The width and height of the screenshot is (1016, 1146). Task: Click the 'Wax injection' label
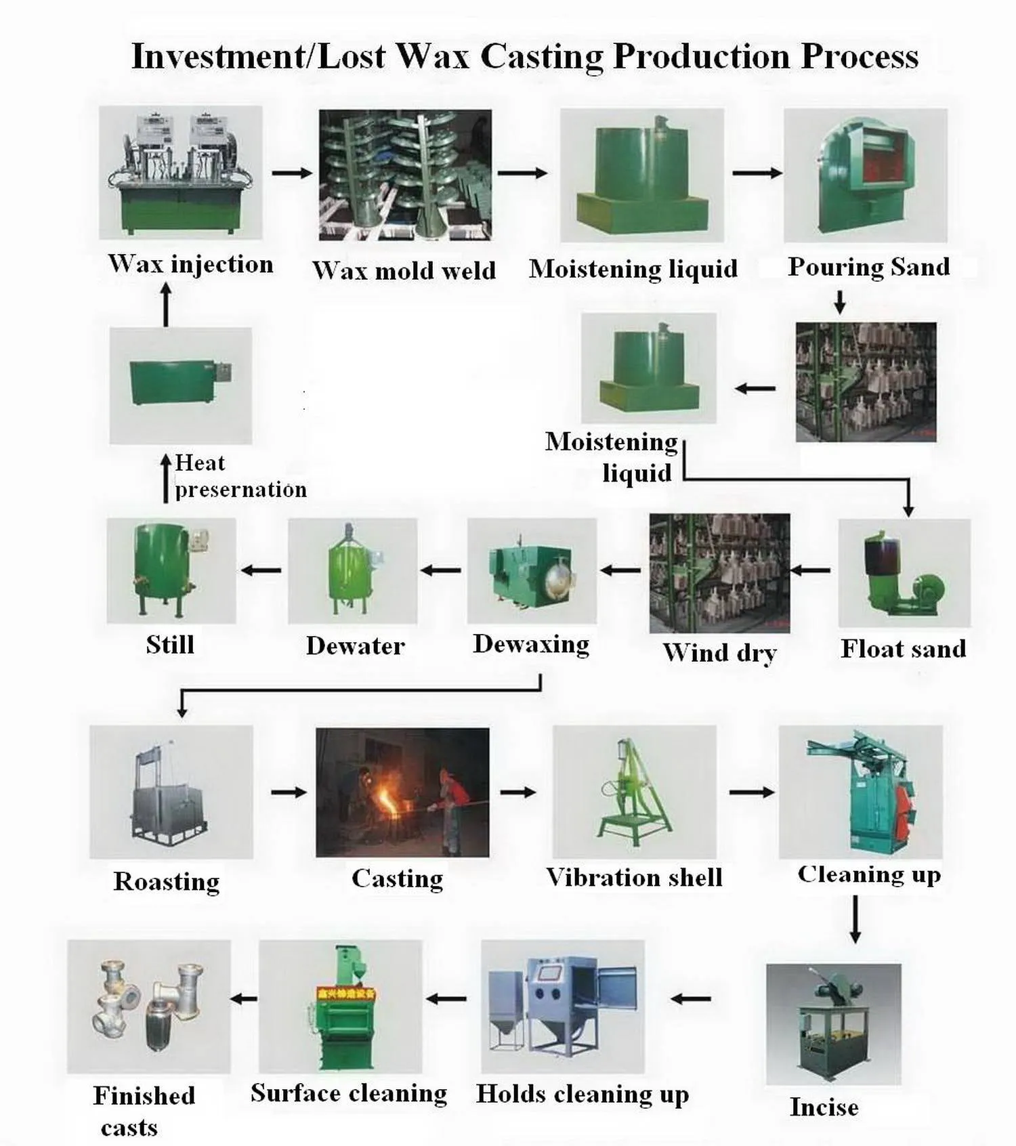click(x=190, y=264)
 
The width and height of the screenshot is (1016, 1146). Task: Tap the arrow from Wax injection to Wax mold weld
click(x=292, y=173)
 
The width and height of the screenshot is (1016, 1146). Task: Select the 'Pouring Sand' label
click(x=868, y=267)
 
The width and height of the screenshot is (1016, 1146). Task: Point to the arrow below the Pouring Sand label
click(x=840, y=302)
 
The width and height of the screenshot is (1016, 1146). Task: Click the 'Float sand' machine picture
click(x=904, y=573)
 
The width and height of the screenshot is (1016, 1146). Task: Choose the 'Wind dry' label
click(x=719, y=653)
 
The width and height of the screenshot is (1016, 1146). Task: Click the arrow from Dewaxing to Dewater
click(x=441, y=570)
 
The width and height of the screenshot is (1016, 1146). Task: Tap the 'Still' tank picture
click(x=171, y=570)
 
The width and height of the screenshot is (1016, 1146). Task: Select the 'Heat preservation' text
click(x=240, y=476)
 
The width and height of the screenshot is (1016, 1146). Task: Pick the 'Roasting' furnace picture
click(x=171, y=792)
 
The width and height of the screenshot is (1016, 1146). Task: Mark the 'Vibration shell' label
click(x=634, y=878)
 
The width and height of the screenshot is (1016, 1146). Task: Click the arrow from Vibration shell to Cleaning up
click(x=752, y=792)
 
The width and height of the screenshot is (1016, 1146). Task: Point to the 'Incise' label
click(x=824, y=1107)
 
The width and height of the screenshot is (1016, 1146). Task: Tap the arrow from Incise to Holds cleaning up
click(x=691, y=998)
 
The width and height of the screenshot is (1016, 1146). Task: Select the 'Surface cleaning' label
click(x=349, y=1093)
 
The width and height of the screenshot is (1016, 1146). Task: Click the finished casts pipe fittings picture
click(x=149, y=1006)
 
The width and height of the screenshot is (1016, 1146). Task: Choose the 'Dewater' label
click(x=356, y=646)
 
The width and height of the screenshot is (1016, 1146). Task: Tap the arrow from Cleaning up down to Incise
click(x=855, y=919)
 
